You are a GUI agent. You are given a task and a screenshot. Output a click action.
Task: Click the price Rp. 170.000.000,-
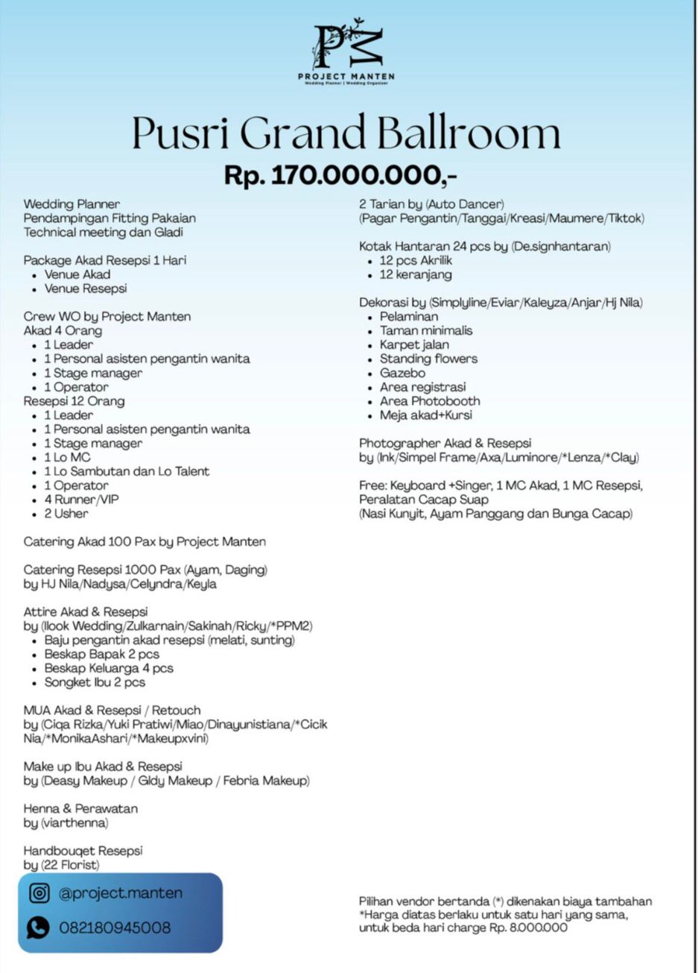point(340,175)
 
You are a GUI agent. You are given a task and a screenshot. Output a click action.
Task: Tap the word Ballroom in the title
point(469,133)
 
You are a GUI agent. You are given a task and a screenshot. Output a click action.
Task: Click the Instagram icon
point(39,892)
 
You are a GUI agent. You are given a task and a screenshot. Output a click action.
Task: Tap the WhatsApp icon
point(38,927)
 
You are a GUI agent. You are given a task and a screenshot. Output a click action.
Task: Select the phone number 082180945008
point(115,928)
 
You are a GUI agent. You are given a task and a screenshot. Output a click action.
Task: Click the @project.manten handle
point(121,892)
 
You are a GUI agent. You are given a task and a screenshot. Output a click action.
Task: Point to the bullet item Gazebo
point(402,373)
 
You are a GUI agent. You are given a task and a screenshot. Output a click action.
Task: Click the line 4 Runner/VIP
point(81,500)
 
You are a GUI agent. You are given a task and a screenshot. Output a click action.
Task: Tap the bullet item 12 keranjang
point(416,274)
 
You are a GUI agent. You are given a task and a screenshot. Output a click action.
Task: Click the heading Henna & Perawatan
point(80,808)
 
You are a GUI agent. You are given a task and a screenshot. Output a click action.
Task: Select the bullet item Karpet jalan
point(414,344)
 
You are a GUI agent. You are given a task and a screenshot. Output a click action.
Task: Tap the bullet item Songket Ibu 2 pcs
point(95,682)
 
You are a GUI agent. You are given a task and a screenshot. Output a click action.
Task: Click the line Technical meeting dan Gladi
point(103,232)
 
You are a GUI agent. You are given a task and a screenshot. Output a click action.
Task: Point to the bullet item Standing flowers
point(428,359)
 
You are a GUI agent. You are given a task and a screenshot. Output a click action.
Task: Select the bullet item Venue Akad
point(77,274)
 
